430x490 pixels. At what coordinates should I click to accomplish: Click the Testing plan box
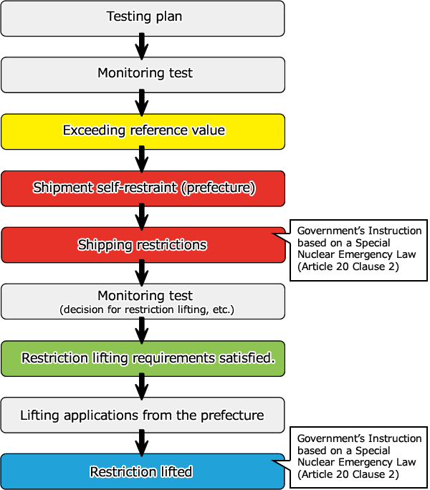click(x=143, y=17)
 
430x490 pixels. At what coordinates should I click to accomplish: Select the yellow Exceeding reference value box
click(x=143, y=130)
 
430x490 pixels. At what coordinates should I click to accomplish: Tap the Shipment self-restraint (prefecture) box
click(x=143, y=188)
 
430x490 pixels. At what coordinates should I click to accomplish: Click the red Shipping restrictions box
click(x=143, y=245)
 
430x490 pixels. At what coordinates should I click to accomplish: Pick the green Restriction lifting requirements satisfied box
click(x=143, y=358)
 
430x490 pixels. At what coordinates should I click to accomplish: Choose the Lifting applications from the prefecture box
click(x=143, y=415)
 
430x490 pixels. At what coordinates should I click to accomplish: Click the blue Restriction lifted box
click(x=143, y=471)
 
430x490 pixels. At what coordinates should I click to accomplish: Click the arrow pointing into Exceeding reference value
click(x=142, y=102)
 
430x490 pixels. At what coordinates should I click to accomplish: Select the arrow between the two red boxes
click(x=142, y=216)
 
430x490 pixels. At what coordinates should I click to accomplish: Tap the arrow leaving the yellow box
click(x=142, y=159)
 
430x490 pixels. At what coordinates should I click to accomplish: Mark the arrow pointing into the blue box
click(x=142, y=443)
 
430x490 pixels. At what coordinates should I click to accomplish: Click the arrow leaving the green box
click(x=142, y=387)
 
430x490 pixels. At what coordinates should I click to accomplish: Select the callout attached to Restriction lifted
click(x=358, y=456)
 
